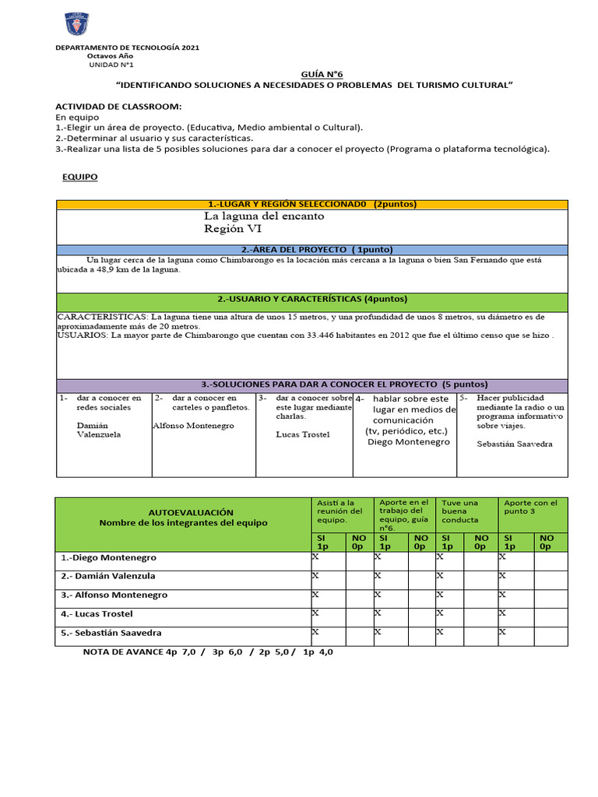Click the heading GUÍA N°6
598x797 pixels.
322,72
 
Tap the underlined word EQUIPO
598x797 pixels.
80,177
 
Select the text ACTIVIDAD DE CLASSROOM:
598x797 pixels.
118,105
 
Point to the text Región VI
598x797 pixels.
233,230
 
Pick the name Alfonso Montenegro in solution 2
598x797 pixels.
193,426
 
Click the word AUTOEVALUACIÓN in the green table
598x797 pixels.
180,512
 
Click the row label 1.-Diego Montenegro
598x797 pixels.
108,558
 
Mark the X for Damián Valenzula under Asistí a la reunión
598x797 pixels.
315,576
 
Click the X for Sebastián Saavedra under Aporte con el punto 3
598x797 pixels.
502,632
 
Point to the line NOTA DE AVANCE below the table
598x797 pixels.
208,652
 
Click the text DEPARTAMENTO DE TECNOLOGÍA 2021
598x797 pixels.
127,48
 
